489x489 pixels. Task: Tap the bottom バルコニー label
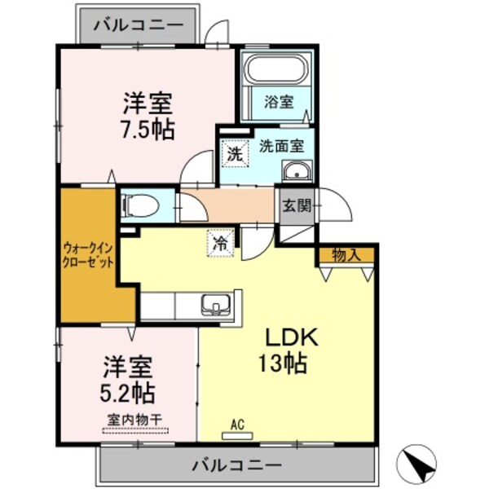(237, 466)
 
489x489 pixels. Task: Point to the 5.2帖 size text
(129, 393)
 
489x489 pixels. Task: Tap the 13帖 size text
(284, 363)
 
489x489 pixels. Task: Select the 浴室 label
(280, 102)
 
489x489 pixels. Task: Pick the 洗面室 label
(281, 147)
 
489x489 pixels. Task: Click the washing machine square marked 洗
(234, 152)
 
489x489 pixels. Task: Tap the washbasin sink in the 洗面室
(296, 171)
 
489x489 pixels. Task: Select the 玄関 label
(297, 205)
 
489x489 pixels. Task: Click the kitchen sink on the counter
(215, 305)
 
